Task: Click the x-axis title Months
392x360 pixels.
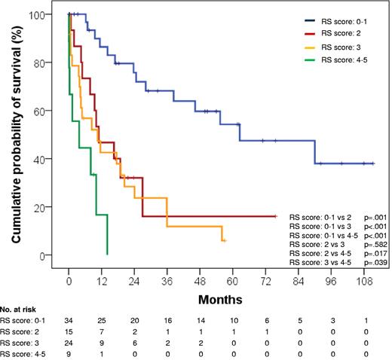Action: [219, 299]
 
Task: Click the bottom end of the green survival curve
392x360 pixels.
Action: [107, 254]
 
